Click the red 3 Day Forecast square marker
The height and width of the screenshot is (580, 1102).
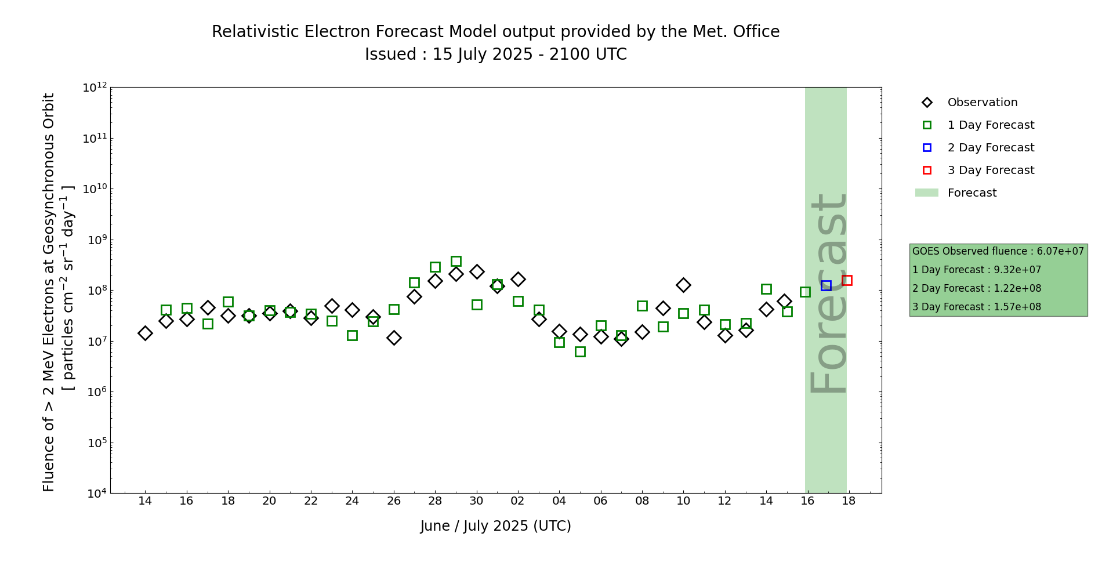pyautogui.click(x=847, y=281)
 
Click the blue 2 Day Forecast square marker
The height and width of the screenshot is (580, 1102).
pyautogui.click(x=826, y=285)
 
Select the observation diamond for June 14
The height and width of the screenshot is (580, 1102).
pyautogui.click(x=145, y=333)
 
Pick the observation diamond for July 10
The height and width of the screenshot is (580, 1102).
pyautogui.click(x=683, y=285)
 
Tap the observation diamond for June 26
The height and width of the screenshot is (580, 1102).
pyautogui.click(x=394, y=338)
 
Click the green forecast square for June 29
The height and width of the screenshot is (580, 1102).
pyautogui.click(x=456, y=262)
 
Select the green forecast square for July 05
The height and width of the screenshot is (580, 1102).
pyautogui.click(x=580, y=351)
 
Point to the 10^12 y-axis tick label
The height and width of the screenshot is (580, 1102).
pyautogui.click(x=95, y=88)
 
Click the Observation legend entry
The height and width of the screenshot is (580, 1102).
pyautogui.click(x=982, y=103)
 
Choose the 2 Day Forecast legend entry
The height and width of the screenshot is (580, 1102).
pyautogui.click(x=990, y=148)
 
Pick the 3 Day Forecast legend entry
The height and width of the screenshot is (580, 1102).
pyautogui.click(x=990, y=171)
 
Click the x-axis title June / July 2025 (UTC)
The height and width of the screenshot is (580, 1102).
pyautogui.click(x=496, y=526)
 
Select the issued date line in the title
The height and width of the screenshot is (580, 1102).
pyautogui.click(x=496, y=55)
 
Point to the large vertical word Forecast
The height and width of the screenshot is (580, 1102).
pyautogui.click(x=828, y=293)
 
